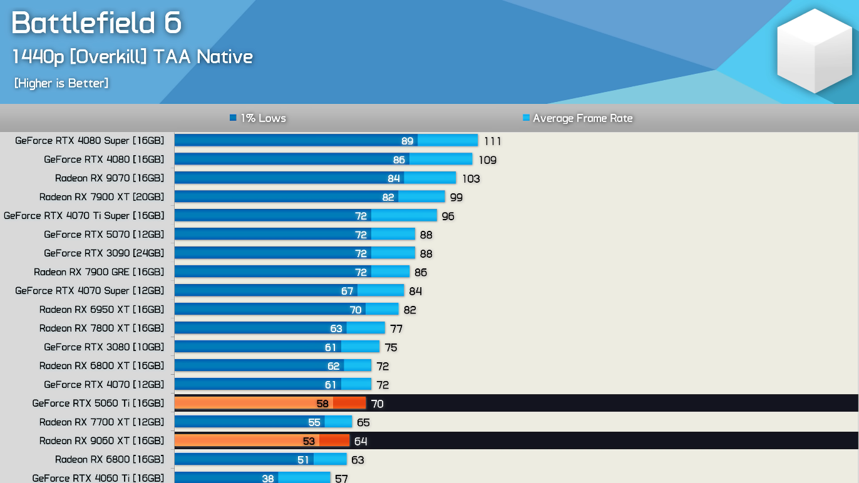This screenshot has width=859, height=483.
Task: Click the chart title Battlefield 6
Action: tap(96, 23)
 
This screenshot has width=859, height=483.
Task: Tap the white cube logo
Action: tap(815, 51)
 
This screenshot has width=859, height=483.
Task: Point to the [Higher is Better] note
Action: tap(61, 83)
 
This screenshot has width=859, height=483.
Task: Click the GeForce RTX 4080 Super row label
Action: tap(90, 141)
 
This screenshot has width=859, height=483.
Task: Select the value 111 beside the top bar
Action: tap(492, 141)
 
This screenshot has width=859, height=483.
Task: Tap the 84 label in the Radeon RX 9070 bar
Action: tap(393, 178)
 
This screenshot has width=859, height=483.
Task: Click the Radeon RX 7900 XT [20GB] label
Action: tap(101, 197)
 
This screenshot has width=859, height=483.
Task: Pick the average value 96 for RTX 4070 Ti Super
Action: tap(448, 216)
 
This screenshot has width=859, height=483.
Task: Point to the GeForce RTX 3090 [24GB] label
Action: tap(104, 253)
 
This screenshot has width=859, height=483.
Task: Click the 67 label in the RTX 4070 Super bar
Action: tap(347, 291)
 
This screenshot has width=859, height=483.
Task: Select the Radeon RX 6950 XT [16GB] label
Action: tap(101, 310)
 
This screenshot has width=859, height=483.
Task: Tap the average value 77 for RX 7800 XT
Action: tap(396, 329)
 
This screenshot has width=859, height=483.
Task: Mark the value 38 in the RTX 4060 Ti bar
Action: tap(268, 478)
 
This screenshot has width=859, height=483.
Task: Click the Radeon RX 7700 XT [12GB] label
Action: tap(101, 422)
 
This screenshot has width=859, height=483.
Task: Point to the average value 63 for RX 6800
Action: tap(357, 460)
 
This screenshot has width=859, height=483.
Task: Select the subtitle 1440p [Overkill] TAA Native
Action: tap(133, 57)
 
